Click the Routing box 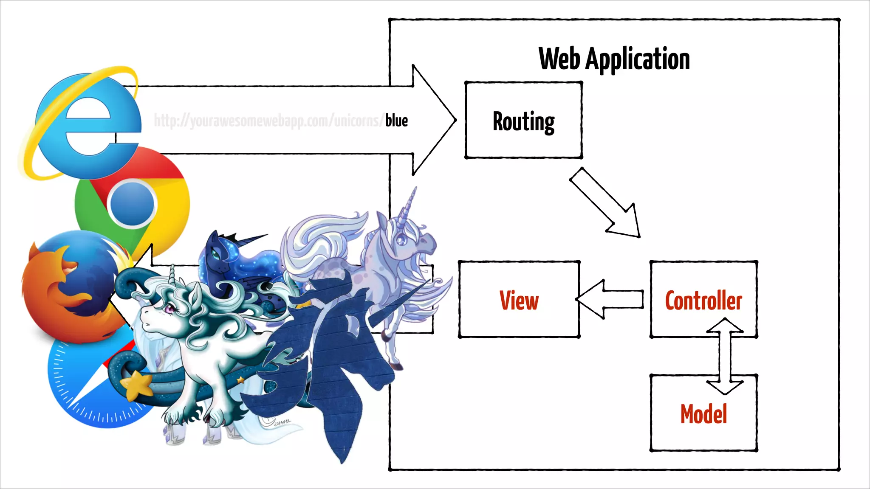coord(523,121)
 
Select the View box coord(519,300)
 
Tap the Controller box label coord(703,301)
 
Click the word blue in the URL coord(396,121)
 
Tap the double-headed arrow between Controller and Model coord(725,357)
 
